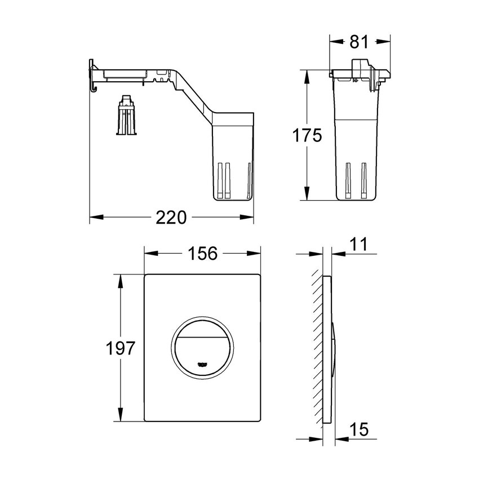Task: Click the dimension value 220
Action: click(171, 217)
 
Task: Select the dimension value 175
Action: click(307, 135)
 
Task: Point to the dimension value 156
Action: click(202, 254)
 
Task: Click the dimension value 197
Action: click(121, 348)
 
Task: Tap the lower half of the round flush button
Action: click(202, 355)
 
